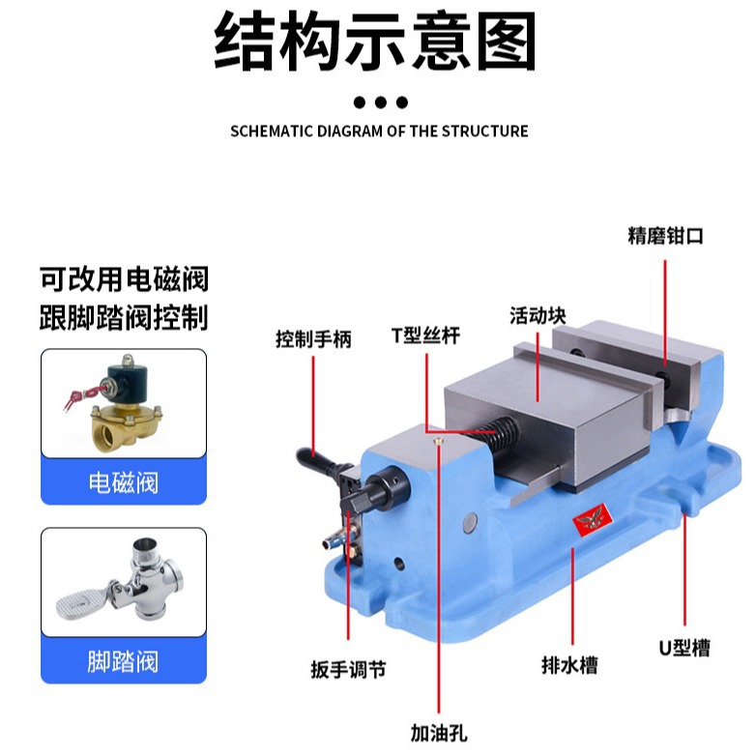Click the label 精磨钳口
(666, 236)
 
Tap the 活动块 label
(538, 315)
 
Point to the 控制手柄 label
(313, 339)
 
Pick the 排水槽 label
(569, 665)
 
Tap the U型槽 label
(684, 648)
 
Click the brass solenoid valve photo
(123, 402)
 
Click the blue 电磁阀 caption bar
(123, 480)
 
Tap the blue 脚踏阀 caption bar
(123, 661)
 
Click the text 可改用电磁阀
(124, 280)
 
